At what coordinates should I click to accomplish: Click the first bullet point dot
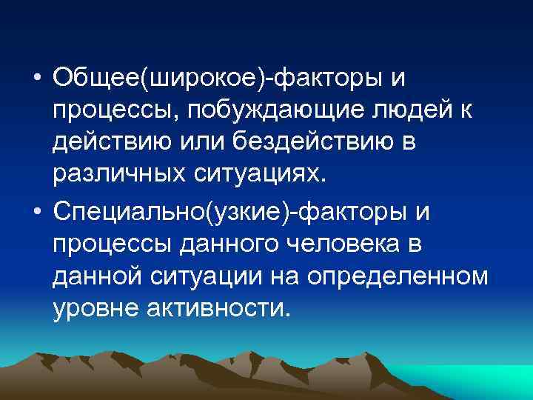(36, 79)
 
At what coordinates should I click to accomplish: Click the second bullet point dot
(36, 214)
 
